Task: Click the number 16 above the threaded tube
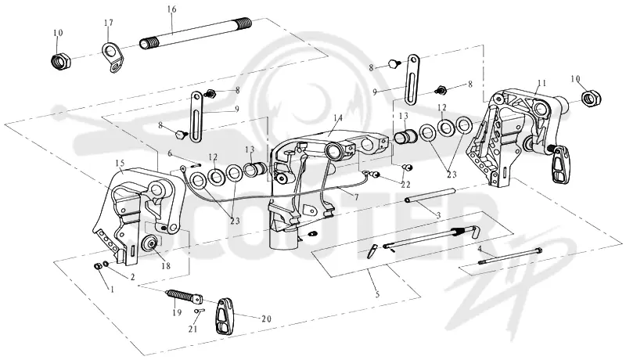pos(172,9)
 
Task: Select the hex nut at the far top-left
pos(61,60)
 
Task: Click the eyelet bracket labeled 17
pos(113,58)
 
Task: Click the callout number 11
pos(541,84)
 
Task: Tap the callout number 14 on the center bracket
pos(338,118)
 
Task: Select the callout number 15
pos(120,163)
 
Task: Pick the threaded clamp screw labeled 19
pos(184,297)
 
